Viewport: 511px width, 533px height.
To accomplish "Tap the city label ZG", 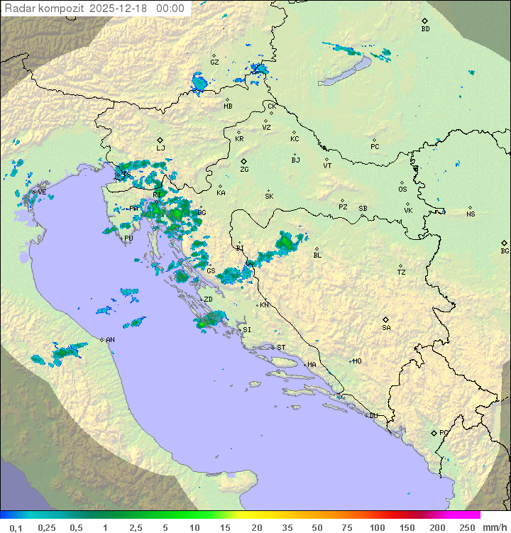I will (244, 170).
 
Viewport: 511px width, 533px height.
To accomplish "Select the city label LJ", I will (160, 148).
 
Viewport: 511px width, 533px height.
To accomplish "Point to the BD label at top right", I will (425, 29).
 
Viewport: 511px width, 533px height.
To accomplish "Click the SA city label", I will (386, 327).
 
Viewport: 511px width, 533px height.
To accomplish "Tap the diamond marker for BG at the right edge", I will (504, 243).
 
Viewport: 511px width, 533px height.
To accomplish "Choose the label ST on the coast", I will (281, 348).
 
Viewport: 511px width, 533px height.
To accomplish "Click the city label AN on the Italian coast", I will (110, 340).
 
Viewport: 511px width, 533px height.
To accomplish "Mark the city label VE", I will (42, 192).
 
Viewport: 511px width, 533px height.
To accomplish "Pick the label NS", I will (471, 214).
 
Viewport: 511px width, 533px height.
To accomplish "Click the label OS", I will (402, 189).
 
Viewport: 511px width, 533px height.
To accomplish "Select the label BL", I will (317, 255).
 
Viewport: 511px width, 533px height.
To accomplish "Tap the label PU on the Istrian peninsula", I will (128, 238).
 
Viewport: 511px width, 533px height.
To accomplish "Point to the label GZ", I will (214, 62).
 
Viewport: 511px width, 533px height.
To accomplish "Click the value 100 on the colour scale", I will (377, 527).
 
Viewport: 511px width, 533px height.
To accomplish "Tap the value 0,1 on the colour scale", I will (16, 527).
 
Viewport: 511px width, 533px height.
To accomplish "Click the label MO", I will (357, 361).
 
